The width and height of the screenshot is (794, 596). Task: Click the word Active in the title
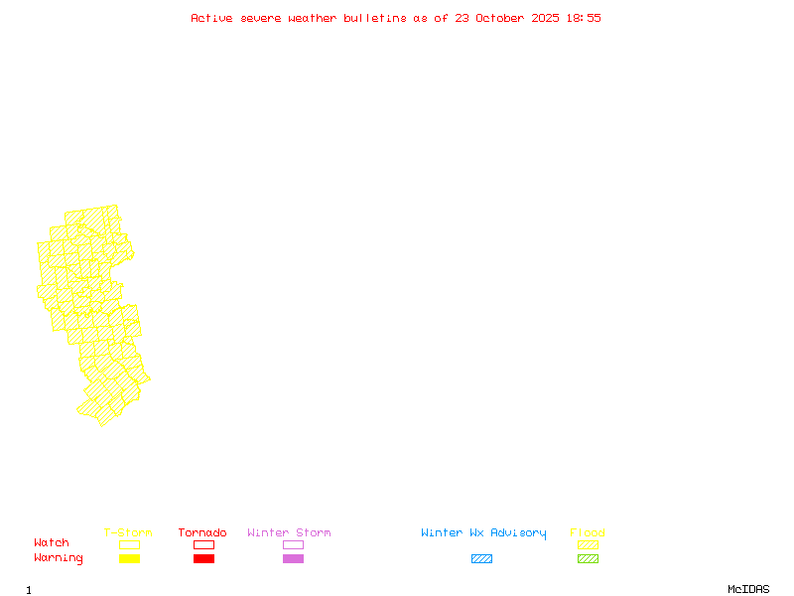click(211, 18)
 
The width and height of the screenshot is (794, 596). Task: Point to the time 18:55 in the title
click(584, 18)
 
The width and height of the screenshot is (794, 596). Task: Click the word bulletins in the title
click(375, 18)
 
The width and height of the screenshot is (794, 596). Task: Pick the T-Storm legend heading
click(128, 533)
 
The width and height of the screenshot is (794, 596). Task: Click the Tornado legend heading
click(202, 533)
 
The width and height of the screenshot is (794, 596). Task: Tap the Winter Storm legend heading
click(289, 533)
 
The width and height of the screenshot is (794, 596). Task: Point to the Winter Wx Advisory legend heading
click(483, 533)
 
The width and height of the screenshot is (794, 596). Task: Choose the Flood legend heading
click(588, 533)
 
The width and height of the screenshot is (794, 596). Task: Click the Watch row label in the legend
click(52, 543)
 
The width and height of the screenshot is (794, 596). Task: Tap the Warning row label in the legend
click(59, 558)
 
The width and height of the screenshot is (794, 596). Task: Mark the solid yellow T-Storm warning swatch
click(129, 559)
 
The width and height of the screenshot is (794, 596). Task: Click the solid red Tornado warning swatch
click(203, 559)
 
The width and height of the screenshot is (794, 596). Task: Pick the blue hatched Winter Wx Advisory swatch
click(481, 559)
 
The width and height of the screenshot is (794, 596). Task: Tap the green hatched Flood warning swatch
click(588, 559)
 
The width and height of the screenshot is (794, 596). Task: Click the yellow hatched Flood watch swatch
click(588, 545)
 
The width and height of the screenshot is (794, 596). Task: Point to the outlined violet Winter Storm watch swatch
click(293, 545)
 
